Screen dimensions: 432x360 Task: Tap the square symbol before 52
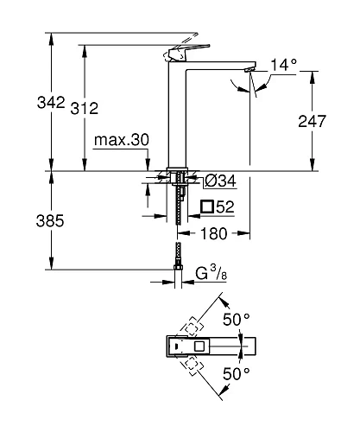tap(206, 206)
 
